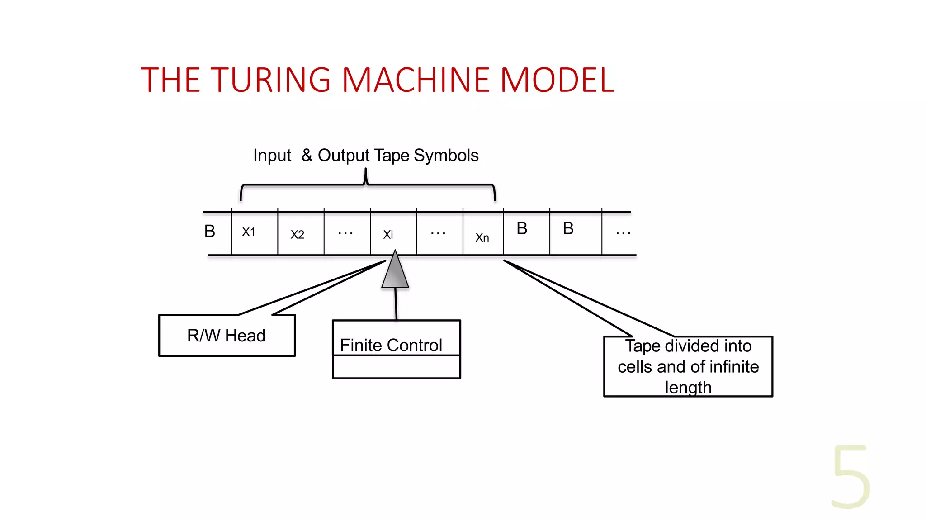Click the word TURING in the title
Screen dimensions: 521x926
pos(270,80)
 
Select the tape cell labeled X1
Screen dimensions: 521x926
pos(249,232)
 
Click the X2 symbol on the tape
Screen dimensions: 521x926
pos(297,235)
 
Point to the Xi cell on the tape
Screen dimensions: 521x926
pos(388,235)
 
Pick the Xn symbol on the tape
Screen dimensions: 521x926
pos(482,237)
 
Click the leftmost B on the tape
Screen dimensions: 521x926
pos(210,232)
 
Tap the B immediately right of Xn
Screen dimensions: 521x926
pos(522,229)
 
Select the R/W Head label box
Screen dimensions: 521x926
pos(227,336)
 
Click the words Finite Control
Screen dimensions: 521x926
pos(391,345)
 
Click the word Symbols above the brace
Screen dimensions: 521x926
pos(446,156)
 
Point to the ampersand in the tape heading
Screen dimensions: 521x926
pos(307,155)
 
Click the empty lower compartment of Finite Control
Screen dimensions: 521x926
pos(396,367)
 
